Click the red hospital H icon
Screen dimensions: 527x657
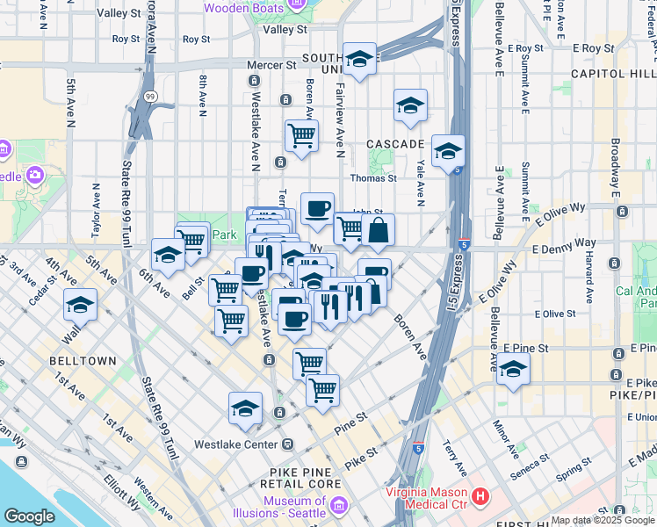click(x=480, y=497)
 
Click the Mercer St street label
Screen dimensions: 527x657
click(x=271, y=65)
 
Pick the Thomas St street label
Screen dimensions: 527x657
click(x=374, y=177)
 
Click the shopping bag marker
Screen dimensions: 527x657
click(x=379, y=232)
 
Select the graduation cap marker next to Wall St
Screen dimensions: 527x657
click(x=81, y=305)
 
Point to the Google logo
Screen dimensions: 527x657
click(x=29, y=516)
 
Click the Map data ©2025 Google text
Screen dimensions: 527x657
click(x=603, y=520)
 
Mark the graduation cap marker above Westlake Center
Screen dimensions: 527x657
click(x=246, y=408)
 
